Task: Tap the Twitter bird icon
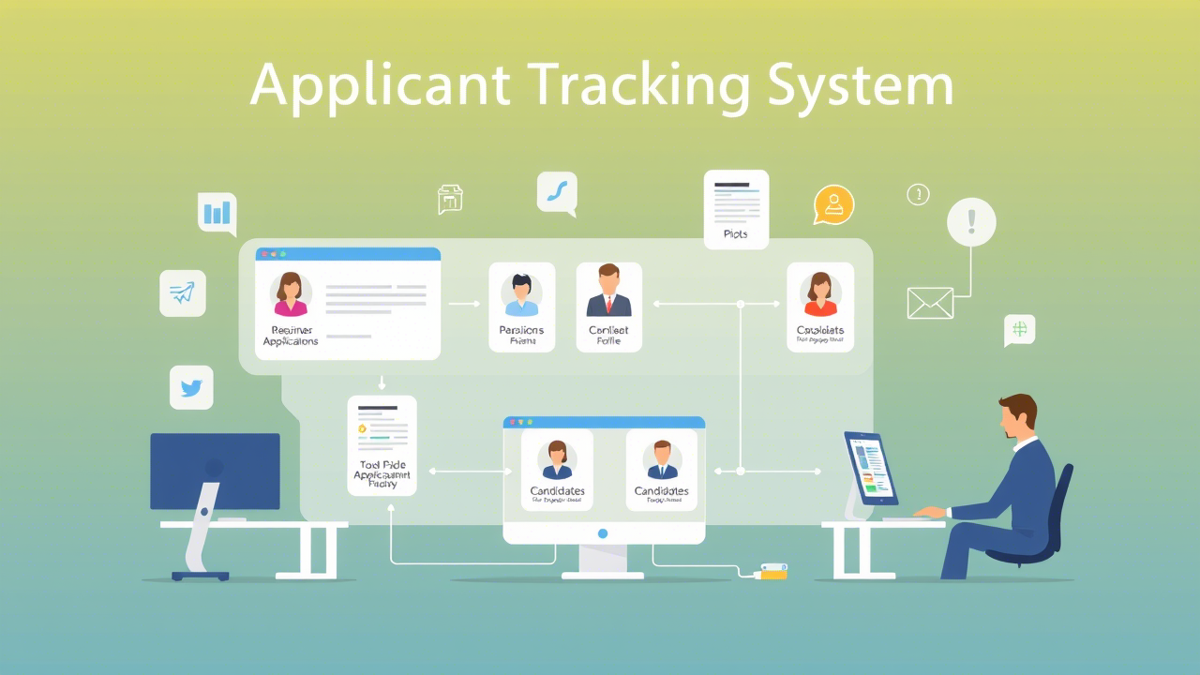click(191, 388)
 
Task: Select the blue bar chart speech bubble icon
click(217, 213)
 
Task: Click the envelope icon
click(930, 303)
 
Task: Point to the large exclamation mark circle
click(971, 222)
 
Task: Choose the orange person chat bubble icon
click(833, 204)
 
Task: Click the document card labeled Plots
click(736, 209)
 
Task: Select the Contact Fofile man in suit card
click(609, 307)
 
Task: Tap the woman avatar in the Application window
click(291, 293)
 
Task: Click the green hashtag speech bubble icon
click(1019, 329)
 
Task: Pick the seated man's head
click(1018, 416)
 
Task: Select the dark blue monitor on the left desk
click(216, 471)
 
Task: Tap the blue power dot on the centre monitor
click(603, 533)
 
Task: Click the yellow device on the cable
click(772, 571)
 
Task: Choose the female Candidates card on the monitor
click(557, 470)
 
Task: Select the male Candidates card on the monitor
click(661, 470)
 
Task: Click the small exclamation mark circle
click(918, 194)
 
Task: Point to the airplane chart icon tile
click(183, 293)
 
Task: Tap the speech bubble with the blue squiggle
click(557, 193)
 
